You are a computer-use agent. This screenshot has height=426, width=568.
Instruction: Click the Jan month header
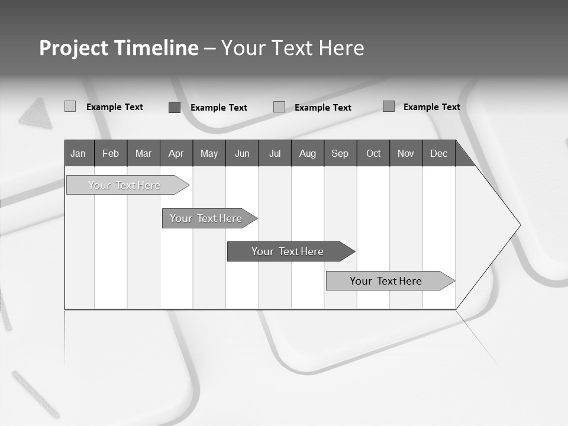(x=79, y=153)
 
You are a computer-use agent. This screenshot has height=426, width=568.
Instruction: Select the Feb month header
(x=111, y=153)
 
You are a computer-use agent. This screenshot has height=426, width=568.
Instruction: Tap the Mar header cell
(x=143, y=153)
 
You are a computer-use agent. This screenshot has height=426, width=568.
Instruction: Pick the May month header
(x=209, y=153)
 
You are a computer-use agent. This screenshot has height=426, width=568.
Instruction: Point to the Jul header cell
(x=275, y=153)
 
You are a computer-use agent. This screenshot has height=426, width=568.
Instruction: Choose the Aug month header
(x=308, y=153)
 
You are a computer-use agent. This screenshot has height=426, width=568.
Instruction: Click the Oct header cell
(x=373, y=153)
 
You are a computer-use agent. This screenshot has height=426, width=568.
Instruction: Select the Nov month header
(x=406, y=153)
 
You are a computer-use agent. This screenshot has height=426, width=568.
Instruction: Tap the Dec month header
(x=438, y=153)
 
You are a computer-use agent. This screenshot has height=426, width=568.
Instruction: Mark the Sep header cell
(x=340, y=153)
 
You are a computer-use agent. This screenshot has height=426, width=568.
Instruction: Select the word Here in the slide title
(x=341, y=48)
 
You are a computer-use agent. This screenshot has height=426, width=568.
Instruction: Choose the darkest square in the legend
(x=175, y=107)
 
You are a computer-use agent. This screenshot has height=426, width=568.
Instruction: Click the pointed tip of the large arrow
(x=519, y=224)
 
